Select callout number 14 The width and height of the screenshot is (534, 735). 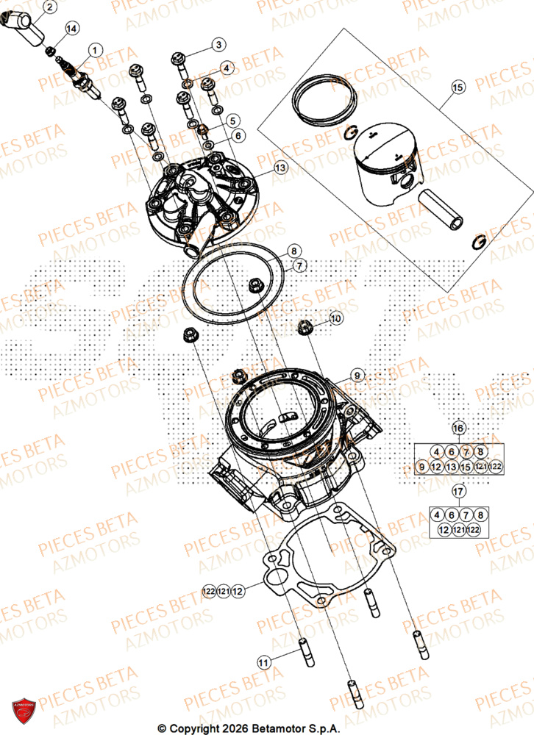pos(71,29)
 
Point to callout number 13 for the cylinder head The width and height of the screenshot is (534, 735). pos(280,168)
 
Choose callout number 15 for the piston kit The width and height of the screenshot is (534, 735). pos(458,88)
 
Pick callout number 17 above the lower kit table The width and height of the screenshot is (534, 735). pos(458,491)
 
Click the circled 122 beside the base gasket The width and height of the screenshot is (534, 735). pos(209,589)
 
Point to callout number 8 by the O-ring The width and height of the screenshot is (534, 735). pos(292,250)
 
